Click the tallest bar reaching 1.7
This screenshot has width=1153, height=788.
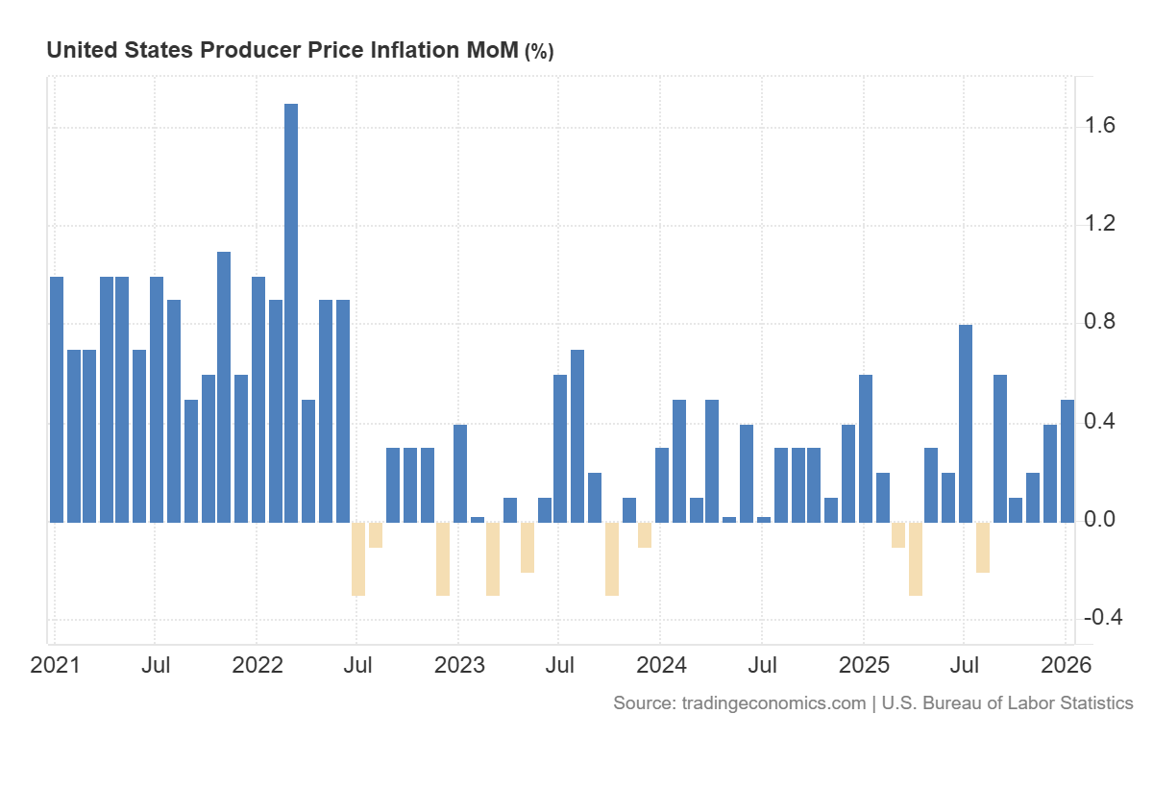coord(291,312)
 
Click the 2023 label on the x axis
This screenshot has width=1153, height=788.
coord(458,665)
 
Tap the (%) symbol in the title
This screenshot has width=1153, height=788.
coord(538,52)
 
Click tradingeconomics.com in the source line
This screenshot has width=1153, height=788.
coord(773,703)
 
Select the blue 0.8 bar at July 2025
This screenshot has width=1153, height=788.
coord(966,423)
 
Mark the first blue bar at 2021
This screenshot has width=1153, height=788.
coord(57,399)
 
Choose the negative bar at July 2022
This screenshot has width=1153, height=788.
coord(358,558)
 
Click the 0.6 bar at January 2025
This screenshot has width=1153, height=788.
coord(865,448)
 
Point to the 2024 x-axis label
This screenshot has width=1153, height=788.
coord(660,665)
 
